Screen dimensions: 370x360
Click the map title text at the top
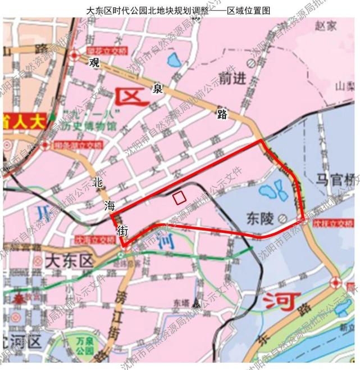click(x=180, y=10)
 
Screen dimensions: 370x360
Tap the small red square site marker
click(x=179, y=197)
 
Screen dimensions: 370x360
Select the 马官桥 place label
click(x=335, y=179)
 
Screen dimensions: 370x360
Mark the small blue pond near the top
click(x=171, y=58)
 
